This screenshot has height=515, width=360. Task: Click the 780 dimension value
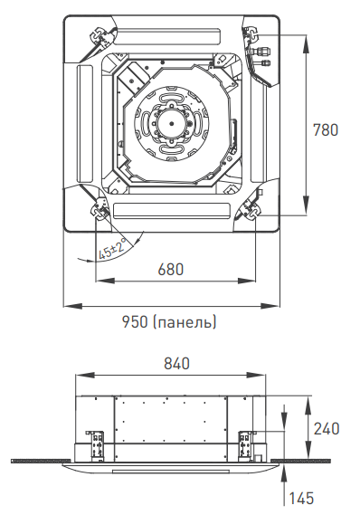click(326, 129)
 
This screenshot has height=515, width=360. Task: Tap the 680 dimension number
click(171, 270)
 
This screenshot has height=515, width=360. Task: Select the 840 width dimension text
click(176, 363)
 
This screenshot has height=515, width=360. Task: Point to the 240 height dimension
click(327, 429)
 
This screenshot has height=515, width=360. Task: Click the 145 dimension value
click(301, 498)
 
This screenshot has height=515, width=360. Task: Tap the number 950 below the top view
click(135, 322)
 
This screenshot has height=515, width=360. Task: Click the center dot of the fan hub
click(171, 123)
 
